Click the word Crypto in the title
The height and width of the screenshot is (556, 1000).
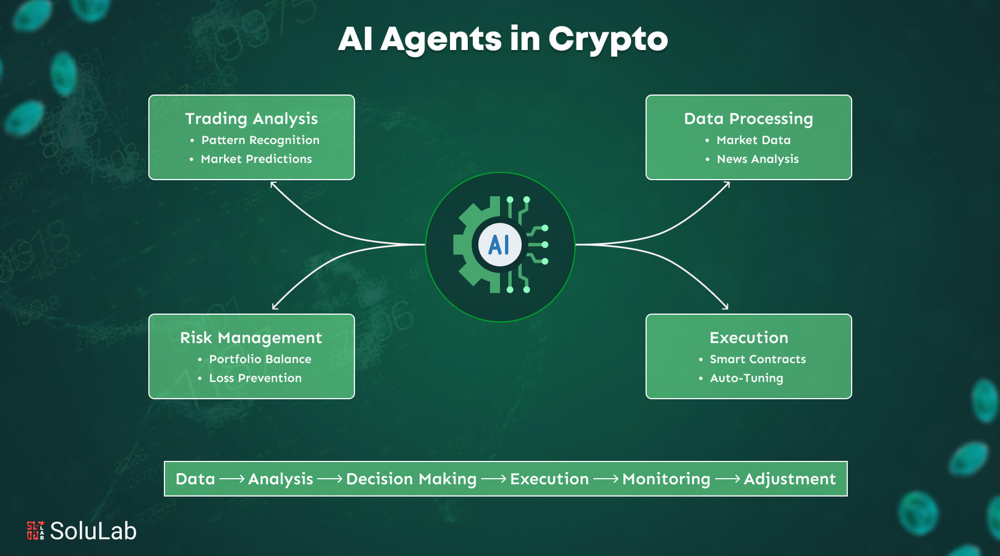tap(608, 39)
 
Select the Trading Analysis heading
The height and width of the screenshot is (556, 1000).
tap(251, 118)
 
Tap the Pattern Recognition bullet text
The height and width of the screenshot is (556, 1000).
tap(260, 140)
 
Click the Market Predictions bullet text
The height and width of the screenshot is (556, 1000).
tap(256, 159)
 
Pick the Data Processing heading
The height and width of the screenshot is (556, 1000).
tap(748, 118)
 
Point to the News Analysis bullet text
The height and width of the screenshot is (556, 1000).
tap(757, 159)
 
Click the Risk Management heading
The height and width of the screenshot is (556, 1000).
tap(251, 337)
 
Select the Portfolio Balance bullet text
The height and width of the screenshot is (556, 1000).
tap(260, 359)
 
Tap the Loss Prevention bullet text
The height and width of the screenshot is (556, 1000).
tap(255, 378)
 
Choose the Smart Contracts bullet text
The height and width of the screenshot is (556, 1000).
tap(757, 359)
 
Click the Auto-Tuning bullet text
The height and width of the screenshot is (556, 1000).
tap(746, 378)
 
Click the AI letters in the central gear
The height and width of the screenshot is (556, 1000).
tap(499, 245)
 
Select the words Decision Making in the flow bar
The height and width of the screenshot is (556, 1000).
tap(411, 479)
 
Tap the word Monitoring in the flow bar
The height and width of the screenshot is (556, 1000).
tap(666, 479)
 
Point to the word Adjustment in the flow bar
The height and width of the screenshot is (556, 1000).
tap(789, 479)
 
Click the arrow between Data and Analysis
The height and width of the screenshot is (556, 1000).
tap(232, 479)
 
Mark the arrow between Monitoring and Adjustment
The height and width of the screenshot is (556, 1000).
tap(727, 479)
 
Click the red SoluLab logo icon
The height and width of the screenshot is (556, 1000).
tap(35, 530)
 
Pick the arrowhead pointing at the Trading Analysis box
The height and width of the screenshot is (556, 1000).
tap(273, 184)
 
